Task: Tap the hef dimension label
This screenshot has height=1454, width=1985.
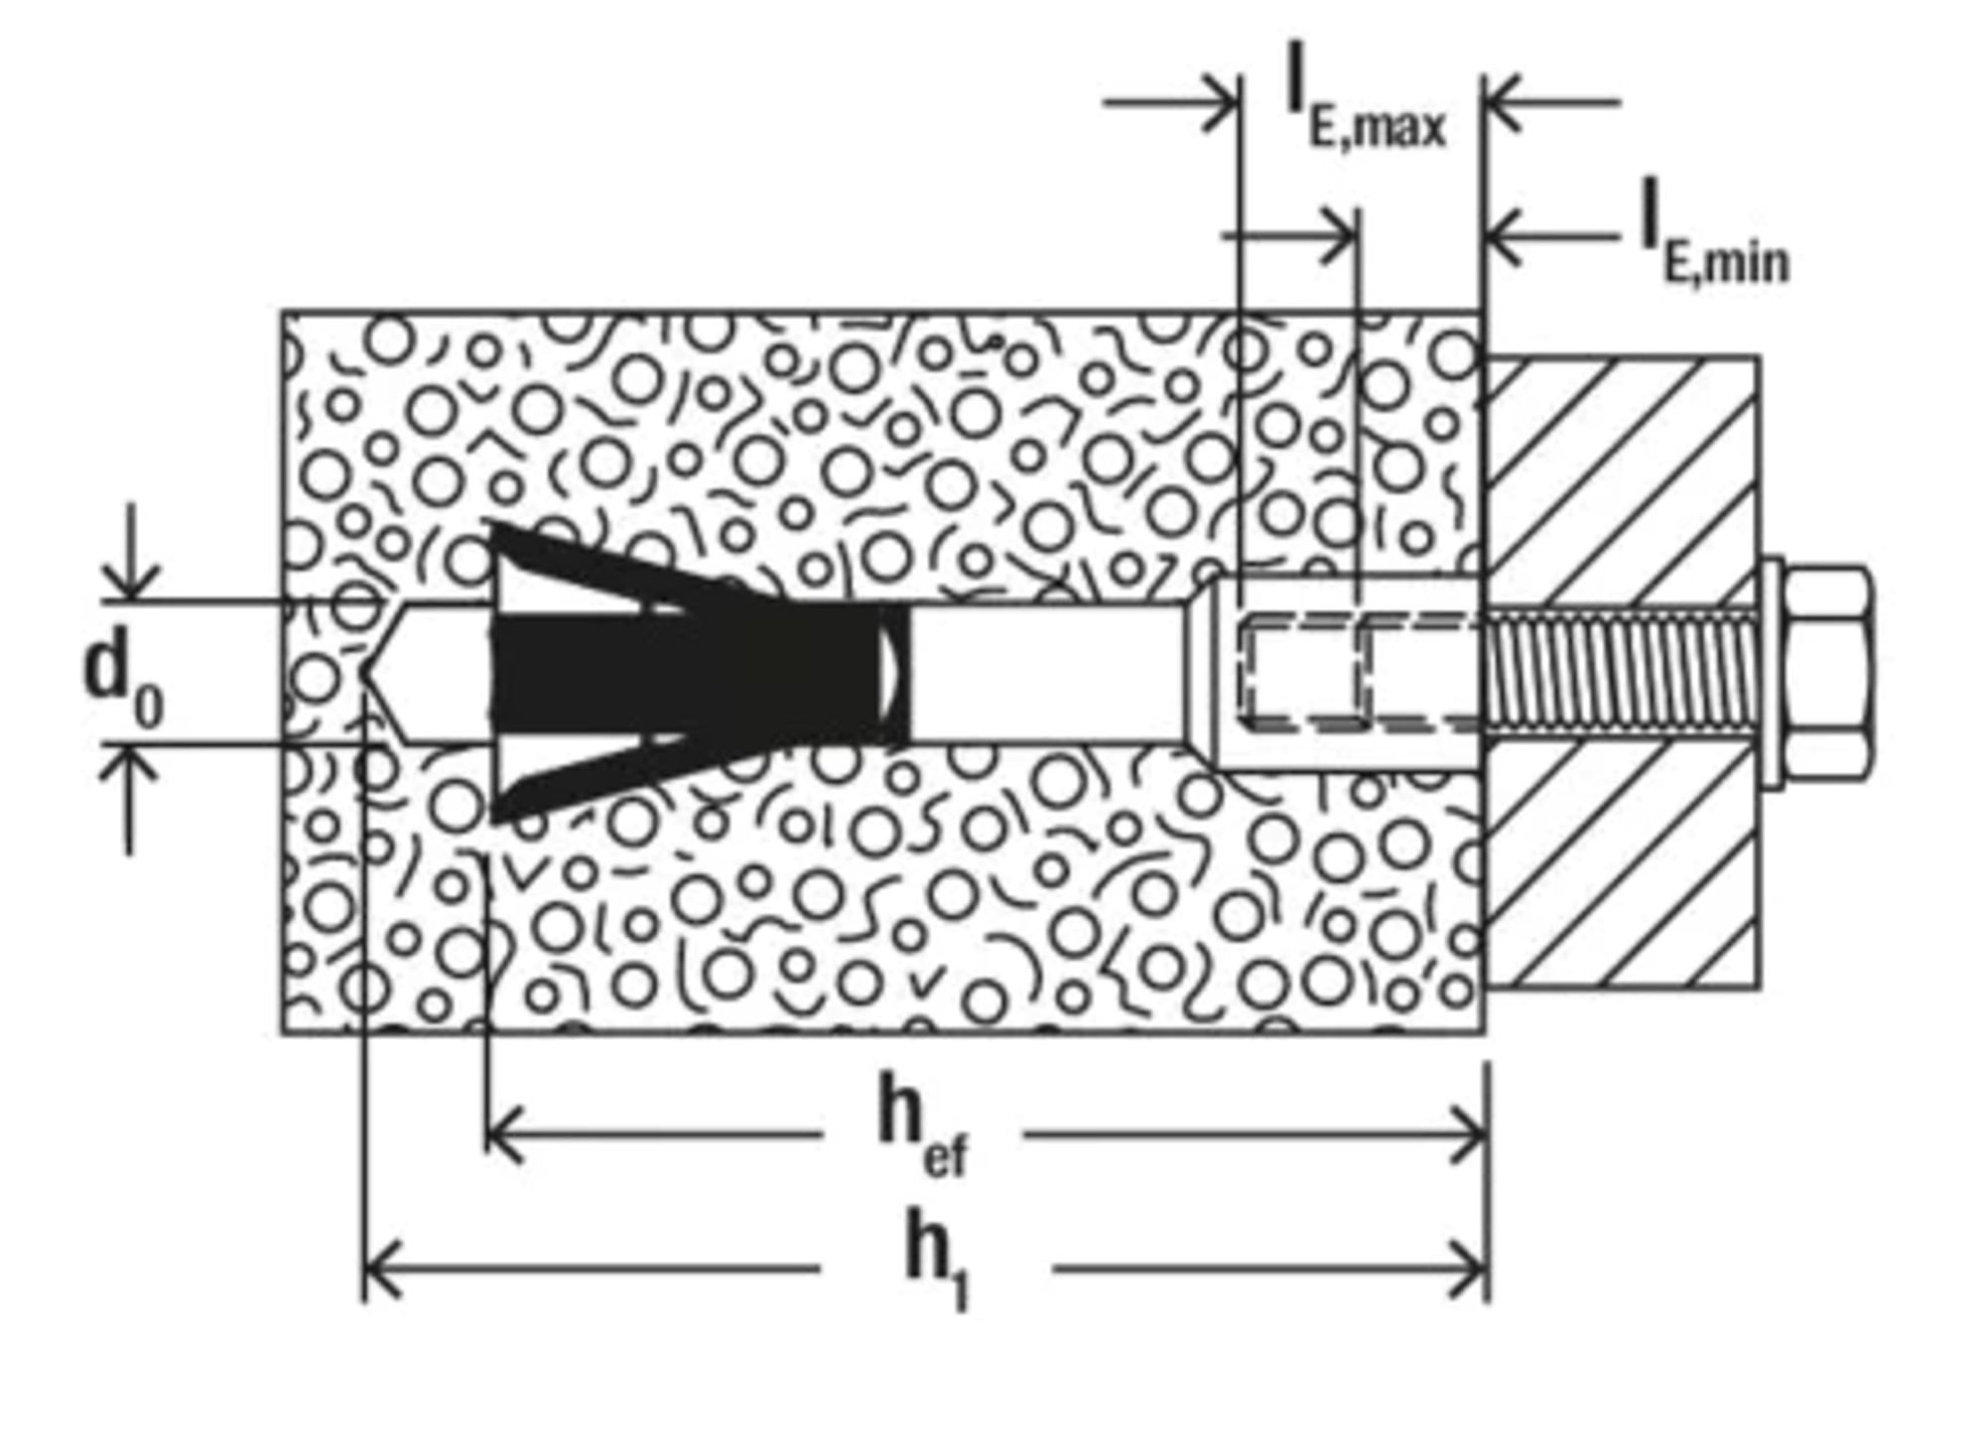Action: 922,1124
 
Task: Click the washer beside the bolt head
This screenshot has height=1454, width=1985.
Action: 1770,674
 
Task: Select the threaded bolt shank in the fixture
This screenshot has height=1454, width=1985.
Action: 1620,674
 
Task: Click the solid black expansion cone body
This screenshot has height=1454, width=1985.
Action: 695,674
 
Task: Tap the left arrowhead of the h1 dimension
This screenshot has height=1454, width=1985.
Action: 383,1268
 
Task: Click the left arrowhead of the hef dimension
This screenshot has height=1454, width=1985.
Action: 505,1133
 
